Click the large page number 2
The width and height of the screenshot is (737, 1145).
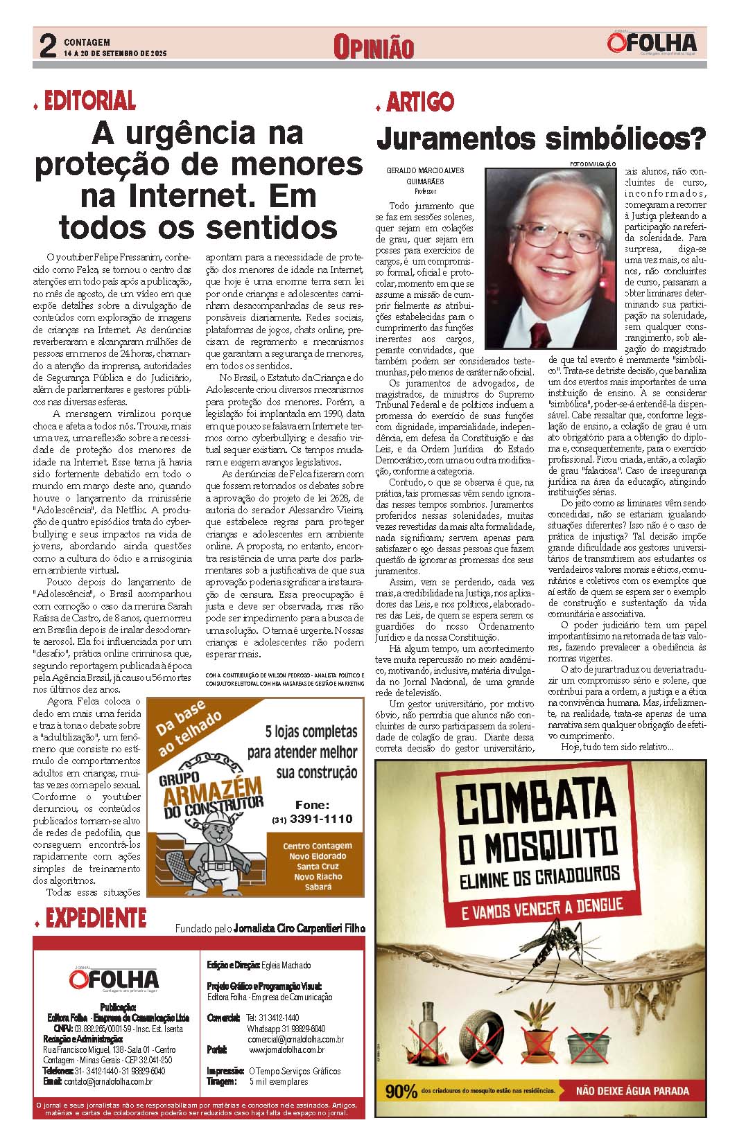(x=47, y=47)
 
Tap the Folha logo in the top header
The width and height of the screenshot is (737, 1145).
(x=652, y=44)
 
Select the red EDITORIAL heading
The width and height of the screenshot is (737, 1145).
(x=89, y=102)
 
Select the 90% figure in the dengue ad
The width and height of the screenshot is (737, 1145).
(x=401, y=1092)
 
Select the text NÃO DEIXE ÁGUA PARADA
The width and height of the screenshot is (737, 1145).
(x=632, y=1092)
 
